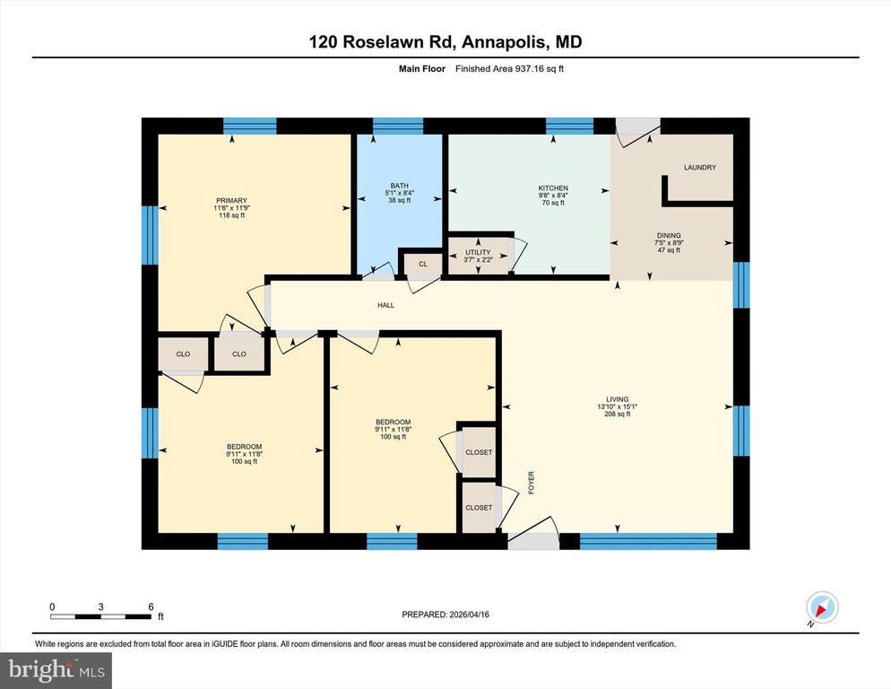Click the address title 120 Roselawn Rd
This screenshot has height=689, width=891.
coord(445,42)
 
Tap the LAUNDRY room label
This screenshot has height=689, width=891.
coord(699,168)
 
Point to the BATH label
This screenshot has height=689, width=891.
coord(399,186)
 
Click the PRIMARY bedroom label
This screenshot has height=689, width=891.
coord(230,200)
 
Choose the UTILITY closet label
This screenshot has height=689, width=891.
coord(477,253)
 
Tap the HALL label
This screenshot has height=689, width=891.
coord(385,306)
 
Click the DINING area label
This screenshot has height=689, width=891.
coord(668,236)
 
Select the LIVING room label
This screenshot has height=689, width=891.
coord(617,399)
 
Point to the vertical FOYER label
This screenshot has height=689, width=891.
coord(531,484)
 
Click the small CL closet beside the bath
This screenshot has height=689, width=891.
coord(422,265)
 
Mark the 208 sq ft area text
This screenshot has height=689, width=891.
coord(617,414)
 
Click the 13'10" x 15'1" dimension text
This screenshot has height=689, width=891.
coord(617,406)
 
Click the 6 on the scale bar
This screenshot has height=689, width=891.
coord(151,606)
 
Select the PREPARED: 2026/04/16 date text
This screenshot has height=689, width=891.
coord(445,615)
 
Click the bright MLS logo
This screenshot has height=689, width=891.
coord(56,668)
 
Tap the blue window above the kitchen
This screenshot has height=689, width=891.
coord(569,126)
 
